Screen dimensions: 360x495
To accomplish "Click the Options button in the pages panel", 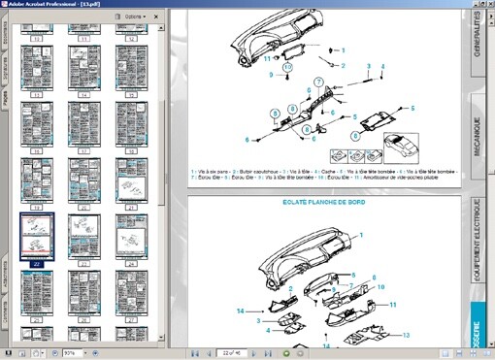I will pyautogui.click(x=135, y=17).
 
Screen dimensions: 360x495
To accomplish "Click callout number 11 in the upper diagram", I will pyautogui.click(x=268, y=59).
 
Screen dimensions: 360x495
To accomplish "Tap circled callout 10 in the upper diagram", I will pyautogui.click(x=288, y=67).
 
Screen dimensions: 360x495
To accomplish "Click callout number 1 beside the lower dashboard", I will pyautogui.click(x=360, y=235).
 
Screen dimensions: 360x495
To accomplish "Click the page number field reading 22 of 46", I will pyautogui.click(x=230, y=352).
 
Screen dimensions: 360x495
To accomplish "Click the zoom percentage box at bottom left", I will pyautogui.click(x=72, y=352).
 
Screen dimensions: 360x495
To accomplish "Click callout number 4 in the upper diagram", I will pyautogui.click(x=383, y=66).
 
